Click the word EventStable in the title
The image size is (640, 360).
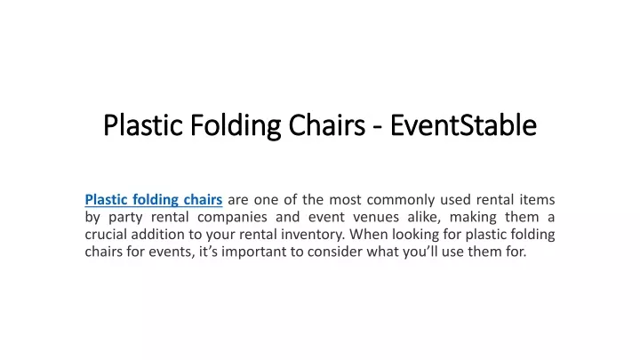(463, 125)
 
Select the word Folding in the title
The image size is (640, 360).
(236, 126)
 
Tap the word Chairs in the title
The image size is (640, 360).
(327, 125)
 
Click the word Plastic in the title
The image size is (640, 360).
(143, 125)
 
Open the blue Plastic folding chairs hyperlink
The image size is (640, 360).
(154, 200)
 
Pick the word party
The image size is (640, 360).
(125, 217)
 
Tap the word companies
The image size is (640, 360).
(232, 217)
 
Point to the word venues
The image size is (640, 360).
(376, 217)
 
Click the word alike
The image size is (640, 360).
(424, 217)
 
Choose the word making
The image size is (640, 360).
(473, 217)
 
